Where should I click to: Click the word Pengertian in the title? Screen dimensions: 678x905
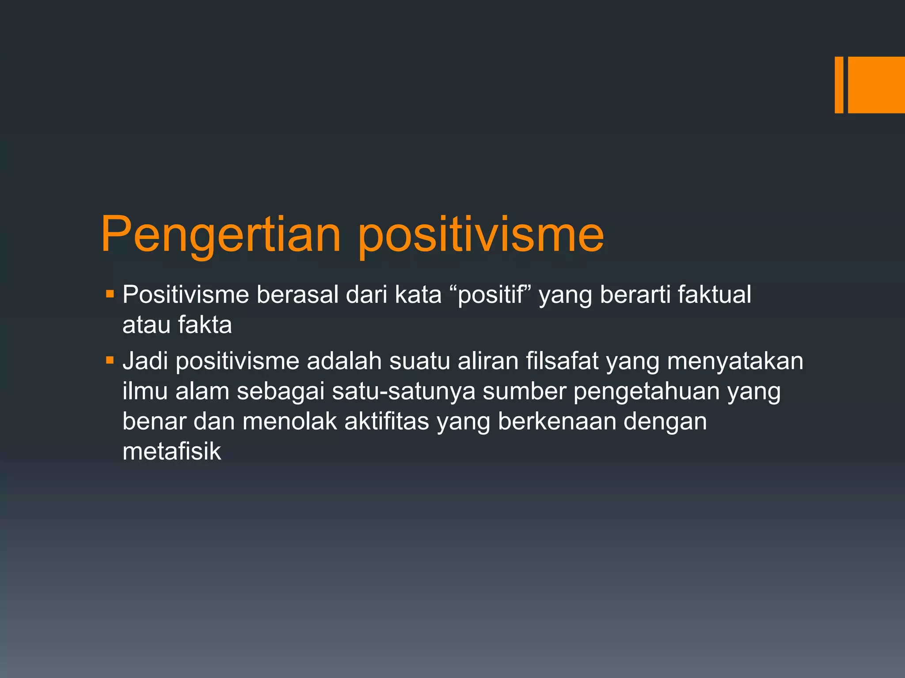(x=221, y=235)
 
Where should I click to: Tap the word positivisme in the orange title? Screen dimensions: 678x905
(x=480, y=235)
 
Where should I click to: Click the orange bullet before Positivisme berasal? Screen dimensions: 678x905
(x=110, y=293)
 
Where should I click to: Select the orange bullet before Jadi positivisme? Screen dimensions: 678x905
(x=110, y=361)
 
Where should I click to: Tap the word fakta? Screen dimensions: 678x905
(x=205, y=325)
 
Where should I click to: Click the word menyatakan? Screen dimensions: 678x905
(x=735, y=361)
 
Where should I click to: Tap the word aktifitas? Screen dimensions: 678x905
(x=387, y=421)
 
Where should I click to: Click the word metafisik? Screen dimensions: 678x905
(x=171, y=451)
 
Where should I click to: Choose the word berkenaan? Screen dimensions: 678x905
(x=557, y=421)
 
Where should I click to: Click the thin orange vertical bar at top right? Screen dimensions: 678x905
(x=839, y=85)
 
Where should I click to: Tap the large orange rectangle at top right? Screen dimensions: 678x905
(x=876, y=85)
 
